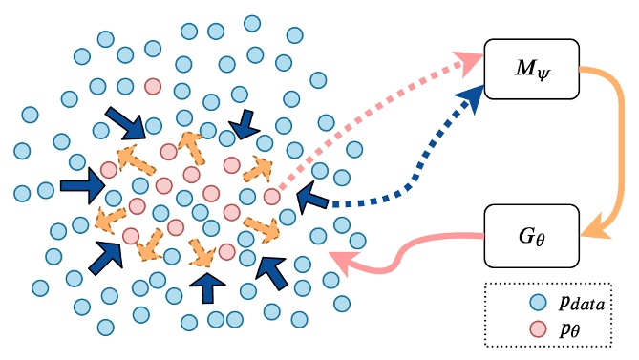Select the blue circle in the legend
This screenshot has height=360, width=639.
[x=543, y=303]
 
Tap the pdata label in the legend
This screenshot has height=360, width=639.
[x=585, y=303]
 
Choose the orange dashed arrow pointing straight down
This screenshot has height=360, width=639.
[x=202, y=252]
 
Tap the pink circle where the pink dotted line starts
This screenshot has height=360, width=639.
[x=272, y=197]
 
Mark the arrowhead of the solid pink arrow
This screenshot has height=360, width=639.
[x=339, y=258]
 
